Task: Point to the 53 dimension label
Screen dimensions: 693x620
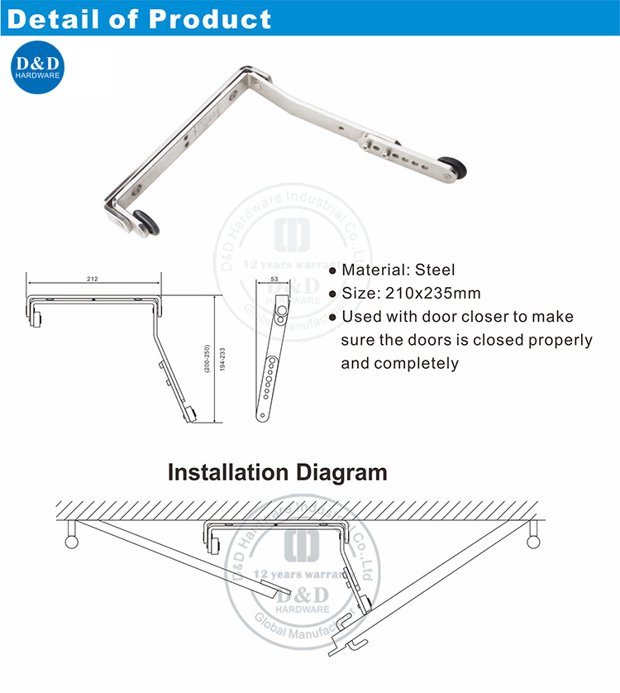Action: point(274,280)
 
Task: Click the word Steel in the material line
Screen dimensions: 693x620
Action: point(436,270)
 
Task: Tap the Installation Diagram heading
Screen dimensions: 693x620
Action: point(277,473)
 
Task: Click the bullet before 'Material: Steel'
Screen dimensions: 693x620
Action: point(332,270)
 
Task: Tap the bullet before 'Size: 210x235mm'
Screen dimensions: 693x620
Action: point(332,294)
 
